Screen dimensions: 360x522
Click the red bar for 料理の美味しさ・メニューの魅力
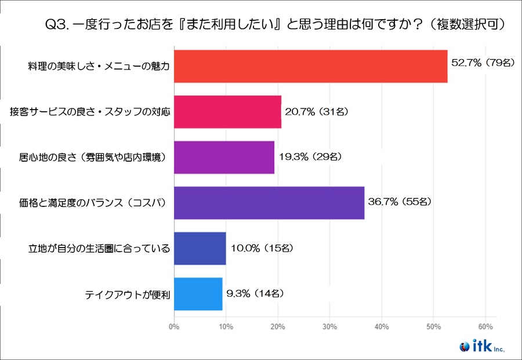[x=310, y=66]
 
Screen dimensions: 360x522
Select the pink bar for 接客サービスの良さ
[x=227, y=112]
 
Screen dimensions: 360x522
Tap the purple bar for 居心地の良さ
[x=224, y=157]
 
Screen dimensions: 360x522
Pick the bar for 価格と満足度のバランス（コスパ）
[x=269, y=203]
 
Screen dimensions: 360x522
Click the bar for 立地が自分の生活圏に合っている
[x=200, y=248]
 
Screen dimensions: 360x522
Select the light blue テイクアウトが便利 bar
[x=198, y=293]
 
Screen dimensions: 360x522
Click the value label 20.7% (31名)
[x=317, y=110]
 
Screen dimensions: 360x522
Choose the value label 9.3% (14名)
[x=256, y=293]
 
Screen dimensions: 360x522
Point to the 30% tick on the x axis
[x=329, y=326]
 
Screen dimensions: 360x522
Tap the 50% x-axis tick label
[x=433, y=326]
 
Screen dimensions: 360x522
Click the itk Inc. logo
[x=482, y=347]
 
